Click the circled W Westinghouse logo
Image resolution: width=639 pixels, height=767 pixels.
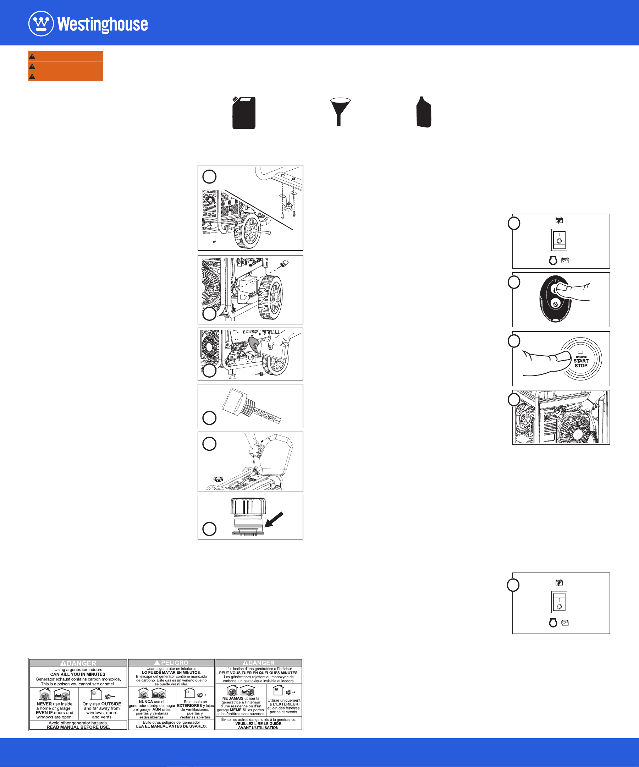(41, 24)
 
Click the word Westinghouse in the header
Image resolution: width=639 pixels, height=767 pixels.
(103, 24)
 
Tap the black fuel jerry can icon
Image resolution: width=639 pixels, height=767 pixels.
(244, 113)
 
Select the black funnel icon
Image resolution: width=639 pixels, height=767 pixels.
(340, 112)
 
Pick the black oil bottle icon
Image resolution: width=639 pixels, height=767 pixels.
(424, 112)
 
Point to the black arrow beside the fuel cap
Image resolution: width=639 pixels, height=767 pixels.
(274, 519)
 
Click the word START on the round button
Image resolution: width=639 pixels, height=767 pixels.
(581, 361)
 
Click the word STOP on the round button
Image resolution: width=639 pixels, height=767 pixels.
(581, 366)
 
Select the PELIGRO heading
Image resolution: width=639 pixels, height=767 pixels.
(175, 663)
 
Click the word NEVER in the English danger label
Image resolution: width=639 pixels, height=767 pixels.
(44, 704)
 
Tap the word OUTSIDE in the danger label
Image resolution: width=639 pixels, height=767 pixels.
(111, 704)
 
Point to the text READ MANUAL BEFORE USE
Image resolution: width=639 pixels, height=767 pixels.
(78, 727)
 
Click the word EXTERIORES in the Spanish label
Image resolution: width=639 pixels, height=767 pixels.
(189, 706)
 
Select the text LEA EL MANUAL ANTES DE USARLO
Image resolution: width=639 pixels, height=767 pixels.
(171, 726)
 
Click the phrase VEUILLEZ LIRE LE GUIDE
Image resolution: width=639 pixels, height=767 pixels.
(258, 724)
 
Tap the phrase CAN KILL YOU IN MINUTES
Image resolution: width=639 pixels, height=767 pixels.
(78, 674)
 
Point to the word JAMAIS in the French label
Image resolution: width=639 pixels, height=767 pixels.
(236, 698)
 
